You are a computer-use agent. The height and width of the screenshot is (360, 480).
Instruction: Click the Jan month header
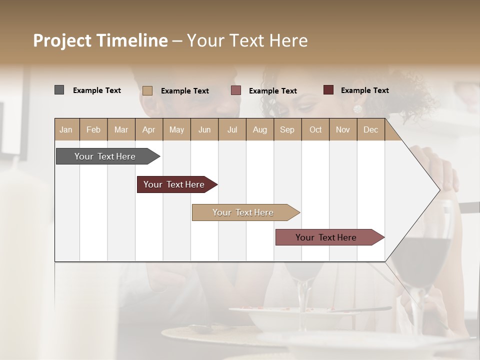pos(66,129)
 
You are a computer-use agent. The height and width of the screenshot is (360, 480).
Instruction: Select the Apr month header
pos(148,129)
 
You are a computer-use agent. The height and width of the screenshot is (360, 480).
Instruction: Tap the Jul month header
pos(232,129)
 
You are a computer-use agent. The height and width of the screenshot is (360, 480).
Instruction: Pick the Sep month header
pos(287,129)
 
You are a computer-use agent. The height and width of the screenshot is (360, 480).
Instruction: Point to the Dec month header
pos(370,129)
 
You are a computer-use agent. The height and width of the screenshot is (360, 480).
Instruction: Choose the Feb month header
pos(93,129)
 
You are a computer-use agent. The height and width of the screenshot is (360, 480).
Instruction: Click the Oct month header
pos(315,129)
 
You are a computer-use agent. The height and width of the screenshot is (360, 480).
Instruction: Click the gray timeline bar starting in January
pos(105,156)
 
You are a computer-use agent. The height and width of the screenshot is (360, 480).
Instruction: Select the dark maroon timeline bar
pos(174,184)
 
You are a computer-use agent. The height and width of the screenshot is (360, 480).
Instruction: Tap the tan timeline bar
pos(243,212)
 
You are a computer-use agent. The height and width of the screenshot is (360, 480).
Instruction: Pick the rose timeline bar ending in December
pos(326,237)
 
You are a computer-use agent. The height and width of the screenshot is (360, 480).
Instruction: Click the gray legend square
pos(59,90)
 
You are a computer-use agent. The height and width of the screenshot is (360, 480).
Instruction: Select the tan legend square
pos(147,90)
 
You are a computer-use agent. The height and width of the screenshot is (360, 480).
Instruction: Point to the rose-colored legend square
pos(236,90)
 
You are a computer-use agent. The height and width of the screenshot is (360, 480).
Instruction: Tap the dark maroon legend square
pos(328,90)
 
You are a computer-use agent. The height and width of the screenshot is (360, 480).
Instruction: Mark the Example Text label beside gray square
pos(97,90)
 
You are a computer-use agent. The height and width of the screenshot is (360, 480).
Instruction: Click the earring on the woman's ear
pos(357,109)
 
